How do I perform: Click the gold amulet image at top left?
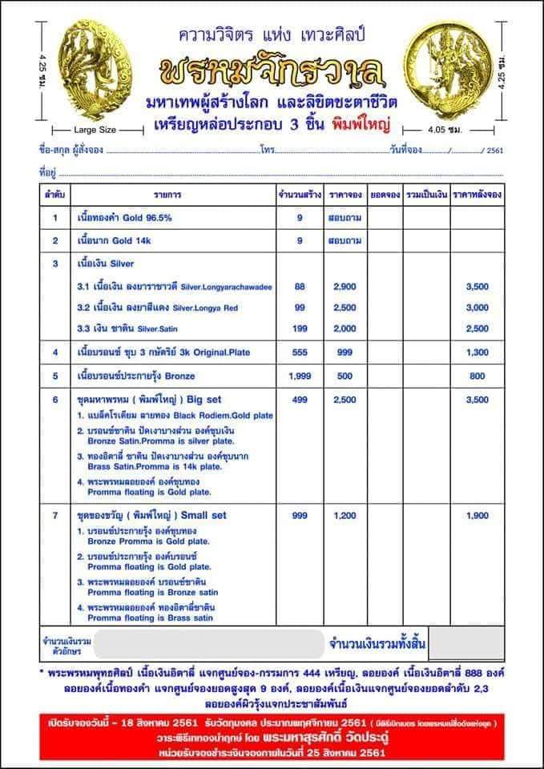(81, 71)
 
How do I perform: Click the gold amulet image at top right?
(453, 70)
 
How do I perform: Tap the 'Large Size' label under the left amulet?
(95, 128)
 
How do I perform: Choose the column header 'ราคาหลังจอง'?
(477, 195)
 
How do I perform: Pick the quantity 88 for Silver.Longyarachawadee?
(300, 286)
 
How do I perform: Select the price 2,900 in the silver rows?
(345, 286)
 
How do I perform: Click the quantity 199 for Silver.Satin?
(300, 328)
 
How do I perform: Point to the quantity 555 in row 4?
(300, 352)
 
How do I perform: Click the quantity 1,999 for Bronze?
(300, 375)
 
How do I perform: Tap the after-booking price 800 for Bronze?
(477, 375)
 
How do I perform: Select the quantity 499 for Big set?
(300, 398)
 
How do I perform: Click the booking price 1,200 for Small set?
(345, 515)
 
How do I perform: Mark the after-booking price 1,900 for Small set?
(477, 515)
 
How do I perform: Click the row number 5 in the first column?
(55, 375)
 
